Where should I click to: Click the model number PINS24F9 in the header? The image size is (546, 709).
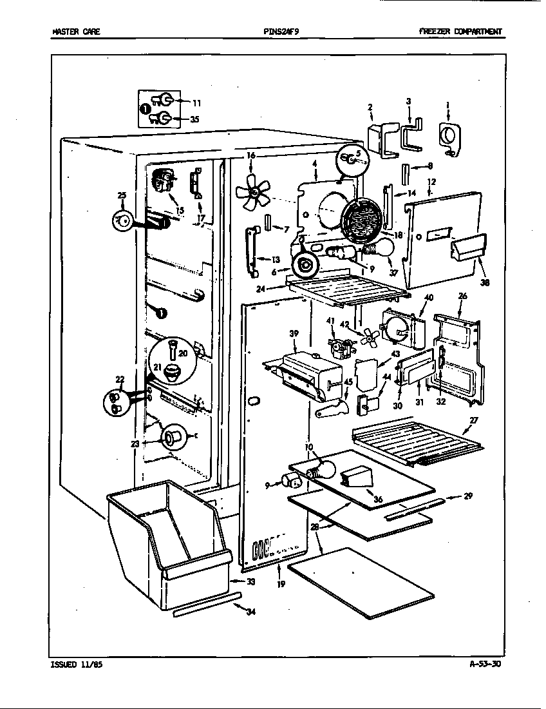(x=281, y=32)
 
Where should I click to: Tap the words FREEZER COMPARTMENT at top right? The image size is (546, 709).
(x=460, y=32)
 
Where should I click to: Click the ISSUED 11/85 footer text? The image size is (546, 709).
(x=75, y=665)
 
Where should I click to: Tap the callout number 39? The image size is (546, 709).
(x=294, y=333)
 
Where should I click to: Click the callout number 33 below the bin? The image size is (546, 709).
(x=250, y=581)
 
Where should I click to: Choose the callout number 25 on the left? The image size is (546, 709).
(x=122, y=195)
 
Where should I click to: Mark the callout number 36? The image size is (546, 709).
(x=378, y=499)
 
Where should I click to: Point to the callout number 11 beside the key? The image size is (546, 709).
(x=196, y=102)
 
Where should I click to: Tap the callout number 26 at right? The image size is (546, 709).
(x=462, y=297)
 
